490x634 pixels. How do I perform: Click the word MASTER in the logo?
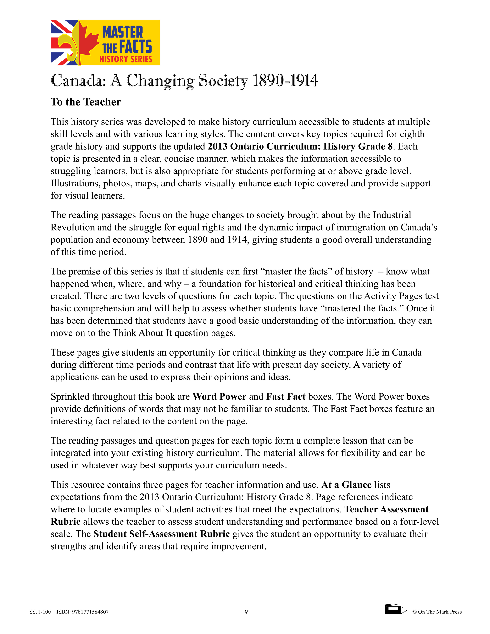(x=123, y=32)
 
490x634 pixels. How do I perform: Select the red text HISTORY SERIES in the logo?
(x=125, y=59)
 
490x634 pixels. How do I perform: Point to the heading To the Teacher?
(x=86, y=102)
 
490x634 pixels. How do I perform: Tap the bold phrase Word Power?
(x=219, y=396)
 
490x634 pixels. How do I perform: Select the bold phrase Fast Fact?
(x=286, y=396)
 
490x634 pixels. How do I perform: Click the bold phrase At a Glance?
(x=346, y=485)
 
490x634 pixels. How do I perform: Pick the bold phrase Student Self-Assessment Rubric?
(x=161, y=534)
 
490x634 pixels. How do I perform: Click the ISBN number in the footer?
(x=83, y=612)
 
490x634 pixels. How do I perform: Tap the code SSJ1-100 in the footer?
(x=40, y=612)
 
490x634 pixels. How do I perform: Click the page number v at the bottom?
(x=246, y=612)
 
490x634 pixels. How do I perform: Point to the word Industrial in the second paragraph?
(x=392, y=215)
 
